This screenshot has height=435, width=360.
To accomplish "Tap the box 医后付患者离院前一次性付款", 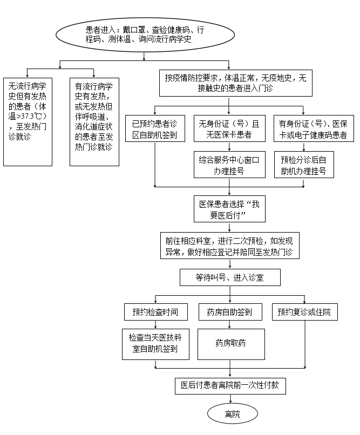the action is point(230,386).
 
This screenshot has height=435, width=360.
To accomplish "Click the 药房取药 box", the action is point(231,344).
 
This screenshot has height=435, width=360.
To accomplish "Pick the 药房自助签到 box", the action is point(230,312).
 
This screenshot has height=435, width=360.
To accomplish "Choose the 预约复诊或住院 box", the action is point(305,312).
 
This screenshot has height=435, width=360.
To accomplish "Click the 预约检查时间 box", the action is point(155,312).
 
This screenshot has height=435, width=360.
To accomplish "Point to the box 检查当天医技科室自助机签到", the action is point(155,344).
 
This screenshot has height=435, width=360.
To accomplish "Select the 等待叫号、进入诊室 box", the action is point(230,277).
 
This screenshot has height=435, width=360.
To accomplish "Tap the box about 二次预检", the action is point(229,246).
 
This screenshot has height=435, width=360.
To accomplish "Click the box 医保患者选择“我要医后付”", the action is point(229,209).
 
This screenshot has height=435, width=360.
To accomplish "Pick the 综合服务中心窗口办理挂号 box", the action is point(229,165).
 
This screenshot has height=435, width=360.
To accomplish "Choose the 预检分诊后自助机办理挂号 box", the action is point(304,165).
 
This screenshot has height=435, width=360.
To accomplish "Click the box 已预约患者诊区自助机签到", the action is point(155,128).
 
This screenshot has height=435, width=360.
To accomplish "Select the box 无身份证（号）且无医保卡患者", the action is point(229,128).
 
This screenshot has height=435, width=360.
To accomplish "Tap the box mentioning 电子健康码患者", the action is point(314,128).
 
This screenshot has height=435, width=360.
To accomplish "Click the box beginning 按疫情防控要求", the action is point(236,83).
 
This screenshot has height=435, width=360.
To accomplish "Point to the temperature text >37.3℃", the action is point(29,116).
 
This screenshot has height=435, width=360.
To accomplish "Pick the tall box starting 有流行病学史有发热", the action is point(94,122).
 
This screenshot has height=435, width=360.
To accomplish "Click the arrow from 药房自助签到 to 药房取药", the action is point(229,324).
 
